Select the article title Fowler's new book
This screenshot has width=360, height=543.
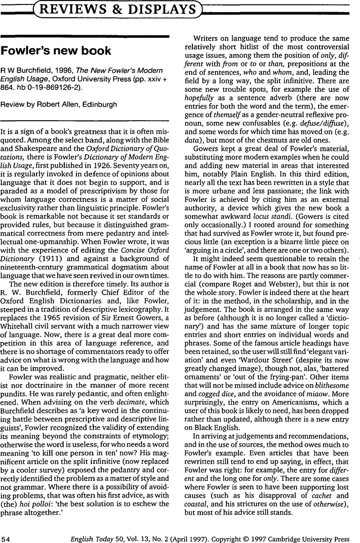pyautogui.click(x=56, y=50)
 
